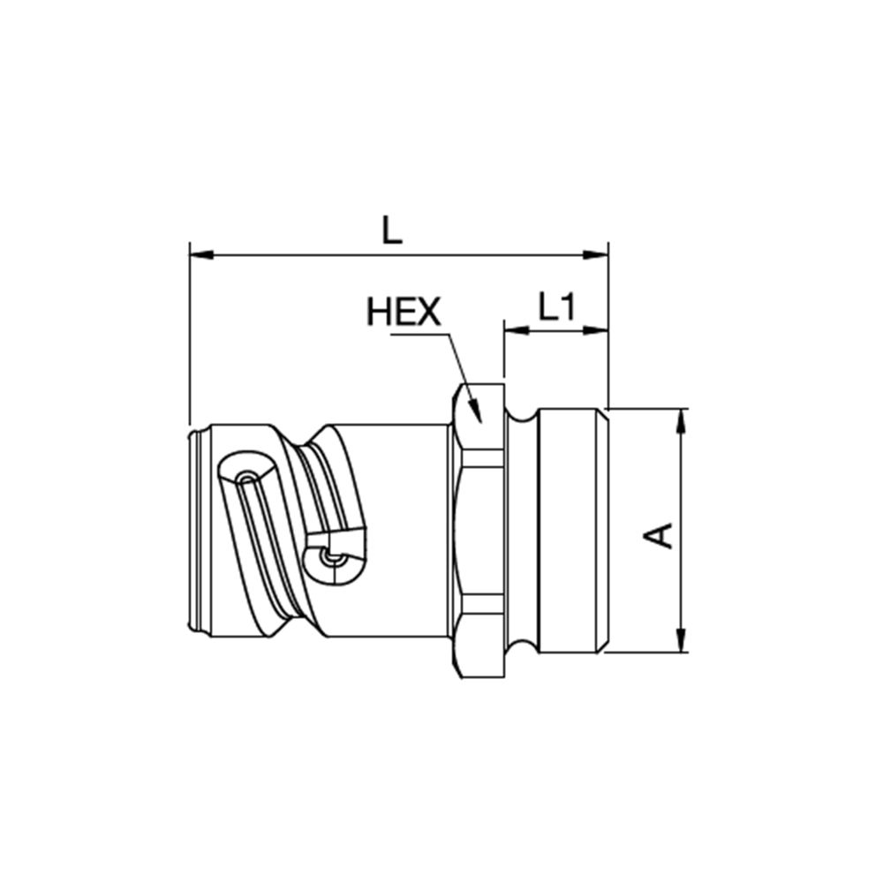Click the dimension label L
[x=392, y=230]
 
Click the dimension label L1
[x=557, y=307]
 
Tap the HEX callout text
[x=404, y=312]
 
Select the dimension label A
[x=659, y=535]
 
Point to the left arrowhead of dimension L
[x=201, y=255]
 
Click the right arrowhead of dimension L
[x=596, y=255]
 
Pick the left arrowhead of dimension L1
[x=517, y=330]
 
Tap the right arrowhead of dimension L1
[x=596, y=330]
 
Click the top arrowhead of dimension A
[x=682, y=420]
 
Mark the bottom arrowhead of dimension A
[x=682, y=639]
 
